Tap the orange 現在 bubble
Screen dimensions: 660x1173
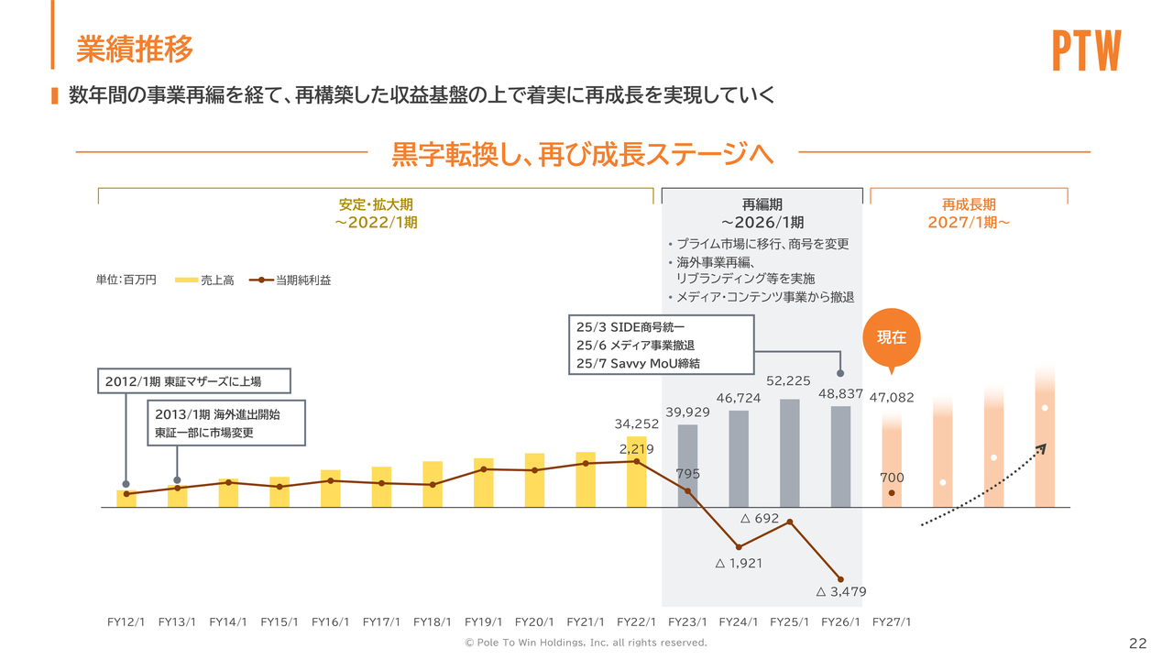pyautogui.click(x=891, y=336)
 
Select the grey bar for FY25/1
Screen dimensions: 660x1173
pyautogui.click(x=790, y=453)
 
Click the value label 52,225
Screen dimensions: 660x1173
pyautogui.click(x=788, y=380)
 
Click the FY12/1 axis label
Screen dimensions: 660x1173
pyautogui.click(x=126, y=621)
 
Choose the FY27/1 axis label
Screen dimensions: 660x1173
pyautogui.click(x=892, y=621)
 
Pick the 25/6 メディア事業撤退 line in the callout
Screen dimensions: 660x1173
pyautogui.click(x=635, y=345)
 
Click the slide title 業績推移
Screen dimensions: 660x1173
pyautogui.click(x=135, y=49)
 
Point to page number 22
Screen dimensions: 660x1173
pyautogui.click(x=1138, y=642)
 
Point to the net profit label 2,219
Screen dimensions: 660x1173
pyautogui.click(x=636, y=449)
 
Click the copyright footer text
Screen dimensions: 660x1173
pyautogui.click(x=586, y=643)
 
